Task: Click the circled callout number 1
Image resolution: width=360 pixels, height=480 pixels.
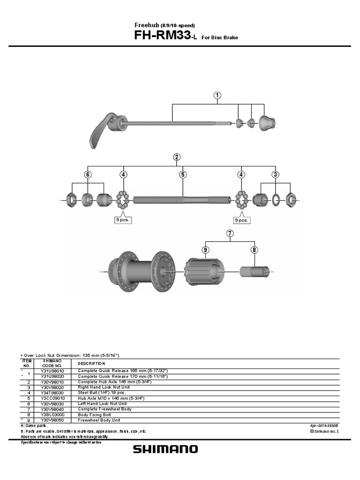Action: [217, 95]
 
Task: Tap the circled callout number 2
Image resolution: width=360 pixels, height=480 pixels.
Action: [177, 157]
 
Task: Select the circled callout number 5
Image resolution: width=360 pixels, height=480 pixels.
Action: [183, 174]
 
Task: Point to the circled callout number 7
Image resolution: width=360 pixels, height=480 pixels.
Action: [230, 233]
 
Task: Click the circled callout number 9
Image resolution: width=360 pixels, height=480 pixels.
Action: [205, 250]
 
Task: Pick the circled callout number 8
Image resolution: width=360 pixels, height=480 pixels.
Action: [254, 250]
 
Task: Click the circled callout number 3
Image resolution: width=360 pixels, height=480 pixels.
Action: [275, 174]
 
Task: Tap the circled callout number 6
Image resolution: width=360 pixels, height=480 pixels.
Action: [87, 174]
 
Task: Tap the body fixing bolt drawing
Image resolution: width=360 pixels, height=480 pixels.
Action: [255, 271]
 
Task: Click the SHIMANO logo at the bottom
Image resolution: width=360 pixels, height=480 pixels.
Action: [165, 450]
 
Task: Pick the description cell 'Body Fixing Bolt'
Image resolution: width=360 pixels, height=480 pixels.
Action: [94, 414]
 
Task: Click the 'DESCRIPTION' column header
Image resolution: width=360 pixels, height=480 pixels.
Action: [91, 363]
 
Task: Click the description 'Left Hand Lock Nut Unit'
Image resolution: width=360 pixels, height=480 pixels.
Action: [102, 404]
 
